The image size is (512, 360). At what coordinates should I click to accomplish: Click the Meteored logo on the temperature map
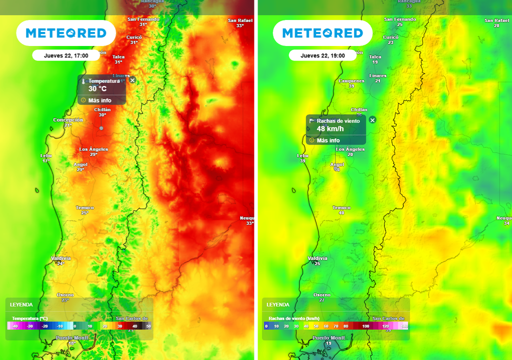point(66,33)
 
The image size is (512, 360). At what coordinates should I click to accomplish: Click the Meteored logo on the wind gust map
point(322,33)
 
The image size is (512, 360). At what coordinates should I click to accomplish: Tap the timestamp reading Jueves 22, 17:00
point(66,55)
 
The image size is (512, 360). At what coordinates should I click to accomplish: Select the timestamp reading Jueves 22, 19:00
point(322,55)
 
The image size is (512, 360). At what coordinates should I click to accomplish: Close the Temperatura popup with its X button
point(132,80)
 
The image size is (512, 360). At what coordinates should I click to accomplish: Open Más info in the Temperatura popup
point(99,100)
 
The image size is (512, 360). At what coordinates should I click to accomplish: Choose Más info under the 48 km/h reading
point(328,140)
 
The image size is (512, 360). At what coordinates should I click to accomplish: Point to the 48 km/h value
point(330,129)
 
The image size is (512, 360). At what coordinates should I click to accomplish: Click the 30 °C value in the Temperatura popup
point(97,89)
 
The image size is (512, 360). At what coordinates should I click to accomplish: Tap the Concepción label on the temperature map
point(68,120)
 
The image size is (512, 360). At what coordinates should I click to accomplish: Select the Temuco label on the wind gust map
point(341,207)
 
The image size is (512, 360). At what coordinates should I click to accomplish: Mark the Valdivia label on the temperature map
point(61,258)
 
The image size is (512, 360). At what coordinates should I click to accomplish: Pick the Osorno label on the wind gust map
point(322,294)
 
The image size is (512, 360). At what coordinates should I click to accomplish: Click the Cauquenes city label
point(351,80)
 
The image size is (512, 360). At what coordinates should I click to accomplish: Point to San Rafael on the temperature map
point(240,20)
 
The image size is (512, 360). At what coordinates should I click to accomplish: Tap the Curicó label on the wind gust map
point(390,37)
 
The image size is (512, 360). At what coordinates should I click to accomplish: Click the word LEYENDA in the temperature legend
point(21,304)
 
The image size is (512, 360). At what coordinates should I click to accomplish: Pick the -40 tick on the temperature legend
point(15,326)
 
